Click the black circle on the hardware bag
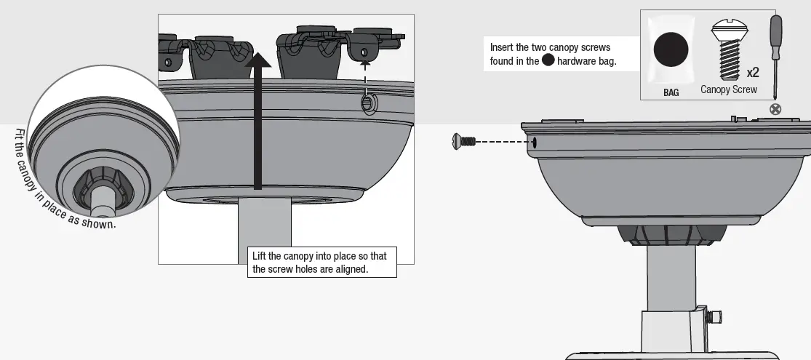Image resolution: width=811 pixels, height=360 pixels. [x=670, y=52]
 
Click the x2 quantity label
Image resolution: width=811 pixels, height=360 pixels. [x=752, y=73]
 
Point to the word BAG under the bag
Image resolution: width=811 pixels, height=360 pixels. [x=671, y=93]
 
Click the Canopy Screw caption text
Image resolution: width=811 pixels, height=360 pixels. [x=729, y=90]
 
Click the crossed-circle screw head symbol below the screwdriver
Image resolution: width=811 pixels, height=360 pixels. [x=775, y=109]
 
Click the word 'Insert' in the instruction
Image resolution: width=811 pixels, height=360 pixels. [x=503, y=47]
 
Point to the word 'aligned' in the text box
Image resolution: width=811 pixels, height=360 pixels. [x=352, y=269]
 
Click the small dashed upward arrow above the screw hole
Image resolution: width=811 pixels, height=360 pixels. [x=365, y=73]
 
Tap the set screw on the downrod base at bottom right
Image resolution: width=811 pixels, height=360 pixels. [x=717, y=316]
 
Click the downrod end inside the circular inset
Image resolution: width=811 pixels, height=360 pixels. [x=101, y=198]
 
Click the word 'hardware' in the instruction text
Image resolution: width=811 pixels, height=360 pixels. [x=578, y=61]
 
